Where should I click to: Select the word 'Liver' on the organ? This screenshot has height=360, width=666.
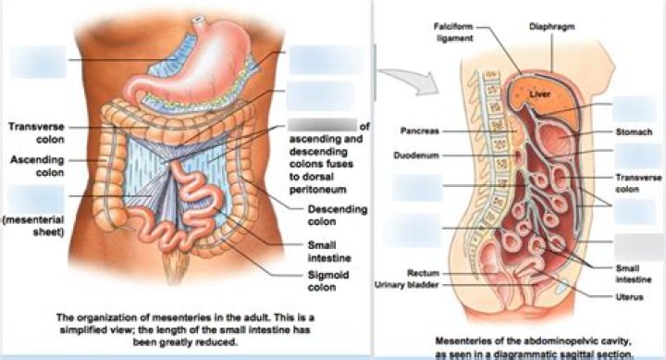539,93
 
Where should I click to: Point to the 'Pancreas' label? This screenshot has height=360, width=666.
419,129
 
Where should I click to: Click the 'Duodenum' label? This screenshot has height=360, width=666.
414,155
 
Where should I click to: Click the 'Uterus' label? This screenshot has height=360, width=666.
633,296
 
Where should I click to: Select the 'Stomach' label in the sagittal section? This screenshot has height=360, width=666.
633,131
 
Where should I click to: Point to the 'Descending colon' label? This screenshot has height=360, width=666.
328,216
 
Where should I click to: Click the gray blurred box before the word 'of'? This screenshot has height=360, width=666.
321,126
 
